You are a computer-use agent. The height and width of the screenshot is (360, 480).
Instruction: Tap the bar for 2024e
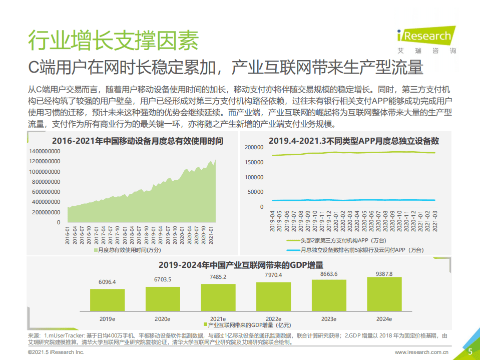384,293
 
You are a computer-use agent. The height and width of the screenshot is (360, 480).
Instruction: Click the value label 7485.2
218,277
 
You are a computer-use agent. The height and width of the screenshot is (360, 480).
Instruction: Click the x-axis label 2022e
273,318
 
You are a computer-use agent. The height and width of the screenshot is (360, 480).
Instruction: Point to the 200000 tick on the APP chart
254,147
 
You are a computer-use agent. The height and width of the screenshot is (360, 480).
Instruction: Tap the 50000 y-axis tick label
255,192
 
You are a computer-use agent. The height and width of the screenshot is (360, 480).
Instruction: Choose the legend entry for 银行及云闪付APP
358,250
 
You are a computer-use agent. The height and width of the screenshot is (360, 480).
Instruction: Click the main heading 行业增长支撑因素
113,40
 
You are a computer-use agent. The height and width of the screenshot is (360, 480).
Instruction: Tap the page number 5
470,351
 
